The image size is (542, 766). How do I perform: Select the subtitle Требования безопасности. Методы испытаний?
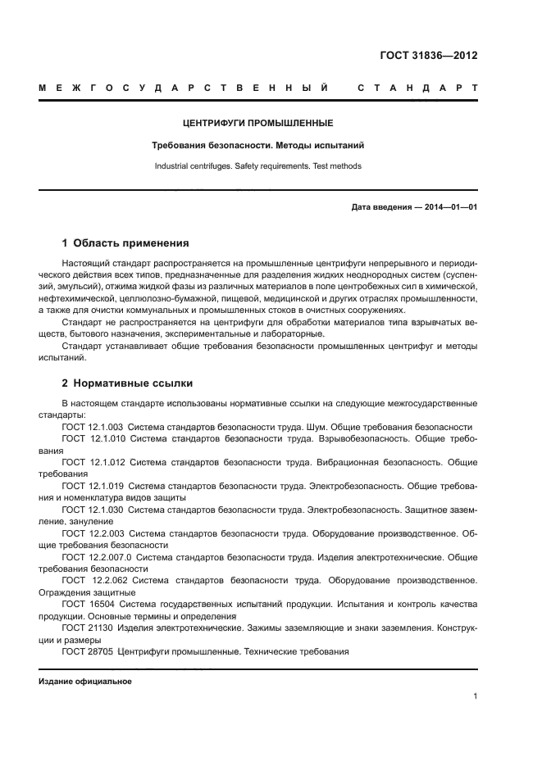[x=257, y=145]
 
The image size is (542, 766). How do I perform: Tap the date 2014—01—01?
[x=450, y=206]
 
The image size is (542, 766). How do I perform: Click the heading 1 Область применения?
[x=125, y=243]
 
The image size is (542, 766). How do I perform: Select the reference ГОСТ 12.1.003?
[x=92, y=427]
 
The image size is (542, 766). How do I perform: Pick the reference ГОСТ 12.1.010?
[x=92, y=439]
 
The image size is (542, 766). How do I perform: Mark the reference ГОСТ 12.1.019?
[x=92, y=486]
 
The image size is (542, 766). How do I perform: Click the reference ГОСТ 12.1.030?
[x=92, y=510]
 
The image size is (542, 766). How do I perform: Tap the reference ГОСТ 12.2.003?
[x=92, y=533]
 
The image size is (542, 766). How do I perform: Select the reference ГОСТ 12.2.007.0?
[x=96, y=557]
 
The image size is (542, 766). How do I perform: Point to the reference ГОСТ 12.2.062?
[x=92, y=581]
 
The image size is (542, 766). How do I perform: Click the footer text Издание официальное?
[x=85, y=681]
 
